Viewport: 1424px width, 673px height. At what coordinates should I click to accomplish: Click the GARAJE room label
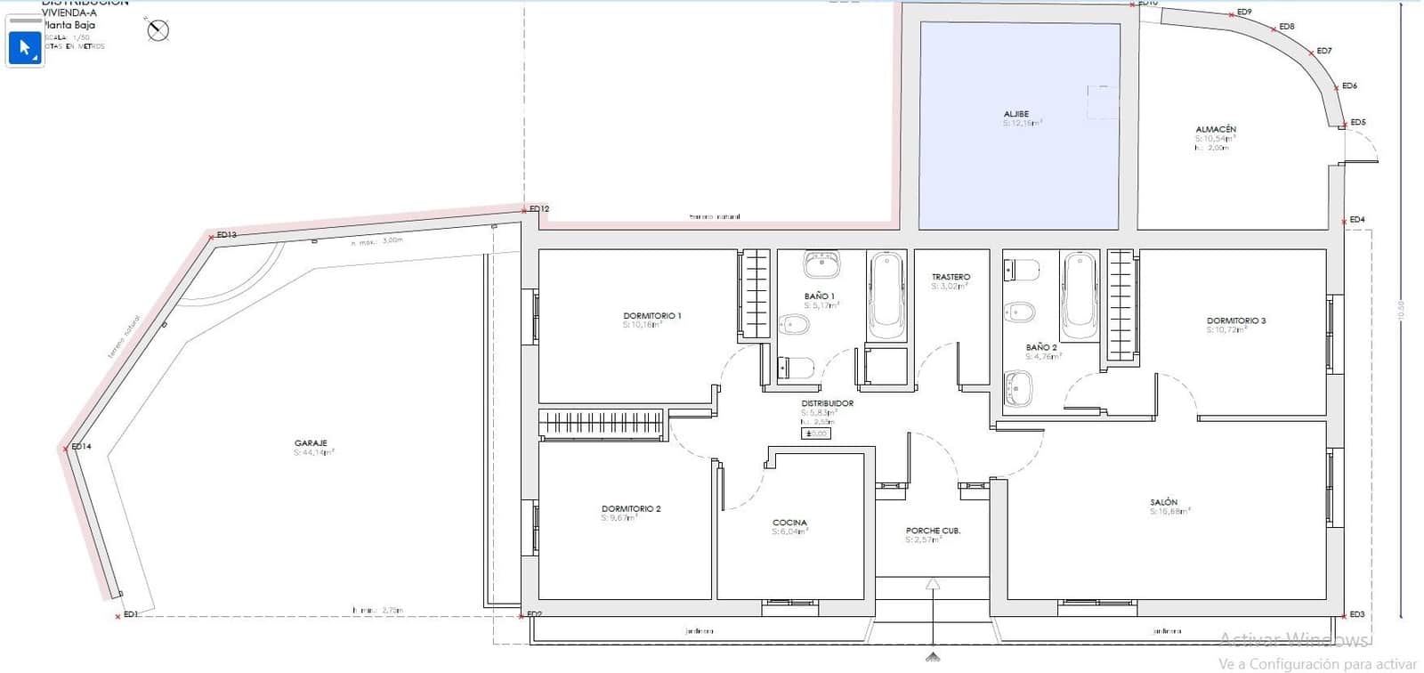(311, 442)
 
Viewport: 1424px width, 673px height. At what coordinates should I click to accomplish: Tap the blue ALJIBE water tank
(1019, 125)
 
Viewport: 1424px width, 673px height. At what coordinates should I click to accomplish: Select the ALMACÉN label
(1215, 129)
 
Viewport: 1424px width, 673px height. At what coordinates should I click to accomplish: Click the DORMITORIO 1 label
(651, 315)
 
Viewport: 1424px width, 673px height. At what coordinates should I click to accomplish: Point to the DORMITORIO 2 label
(631, 508)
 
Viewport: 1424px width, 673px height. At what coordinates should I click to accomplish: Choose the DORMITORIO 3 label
(1235, 320)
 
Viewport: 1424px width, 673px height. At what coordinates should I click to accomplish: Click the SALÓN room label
(1163, 502)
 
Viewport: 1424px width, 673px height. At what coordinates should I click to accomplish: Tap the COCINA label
(789, 523)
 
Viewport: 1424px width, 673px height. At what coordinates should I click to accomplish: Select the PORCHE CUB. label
(933, 531)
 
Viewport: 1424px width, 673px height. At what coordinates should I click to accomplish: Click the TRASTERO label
(951, 277)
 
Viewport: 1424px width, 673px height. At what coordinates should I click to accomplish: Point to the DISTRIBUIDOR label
(827, 403)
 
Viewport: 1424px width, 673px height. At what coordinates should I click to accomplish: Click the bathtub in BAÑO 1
(886, 296)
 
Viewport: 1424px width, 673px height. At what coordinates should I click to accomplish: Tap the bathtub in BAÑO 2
(1080, 289)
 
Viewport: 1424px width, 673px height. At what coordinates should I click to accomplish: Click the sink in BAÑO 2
(1017, 387)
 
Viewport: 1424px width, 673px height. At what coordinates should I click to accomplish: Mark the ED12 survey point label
(539, 209)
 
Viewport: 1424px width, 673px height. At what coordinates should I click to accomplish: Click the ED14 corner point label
(81, 446)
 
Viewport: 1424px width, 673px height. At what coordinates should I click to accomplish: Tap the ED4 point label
(1356, 219)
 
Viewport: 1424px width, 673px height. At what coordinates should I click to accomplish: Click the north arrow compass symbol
(158, 30)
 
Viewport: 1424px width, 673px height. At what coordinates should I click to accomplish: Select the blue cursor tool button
(25, 47)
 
